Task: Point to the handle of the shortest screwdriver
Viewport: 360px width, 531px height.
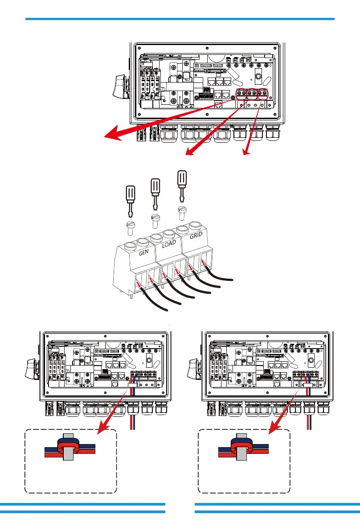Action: pos(128,195)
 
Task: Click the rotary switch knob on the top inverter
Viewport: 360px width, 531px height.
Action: pos(119,87)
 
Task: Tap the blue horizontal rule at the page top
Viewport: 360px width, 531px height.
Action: pos(180,19)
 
